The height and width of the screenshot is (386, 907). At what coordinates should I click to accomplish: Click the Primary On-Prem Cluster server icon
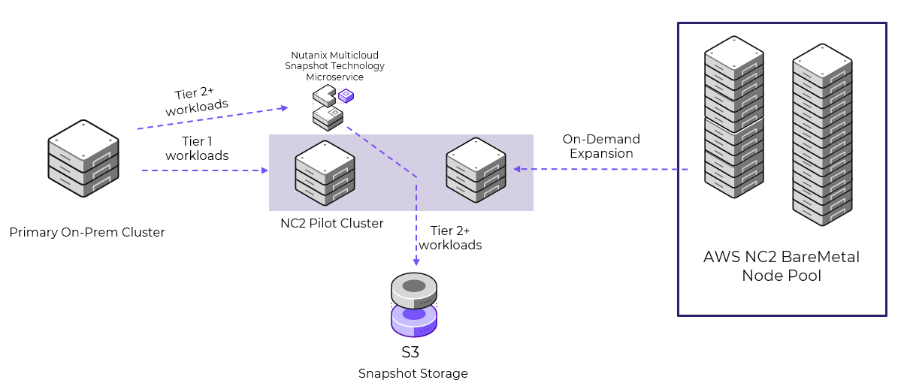pyautogui.click(x=84, y=158)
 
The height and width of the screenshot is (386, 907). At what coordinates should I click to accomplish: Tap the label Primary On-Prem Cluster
pyautogui.click(x=87, y=232)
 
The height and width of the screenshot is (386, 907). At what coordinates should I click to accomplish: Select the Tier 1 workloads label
pyautogui.click(x=197, y=148)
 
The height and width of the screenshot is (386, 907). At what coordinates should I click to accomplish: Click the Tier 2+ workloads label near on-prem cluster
pyautogui.click(x=196, y=100)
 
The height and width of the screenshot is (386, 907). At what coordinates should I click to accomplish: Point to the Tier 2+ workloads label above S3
pyautogui.click(x=450, y=237)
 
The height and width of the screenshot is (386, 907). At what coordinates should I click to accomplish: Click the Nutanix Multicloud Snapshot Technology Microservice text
pyautogui.click(x=334, y=66)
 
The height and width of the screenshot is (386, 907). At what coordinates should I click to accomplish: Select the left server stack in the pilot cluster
pyautogui.click(x=325, y=171)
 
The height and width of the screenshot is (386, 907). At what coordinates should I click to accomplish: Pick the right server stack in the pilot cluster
pyautogui.click(x=475, y=170)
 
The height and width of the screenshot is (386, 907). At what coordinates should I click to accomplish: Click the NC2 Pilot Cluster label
pyautogui.click(x=327, y=223)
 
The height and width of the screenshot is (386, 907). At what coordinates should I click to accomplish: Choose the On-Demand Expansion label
pyautogui.click(x=601, y=146)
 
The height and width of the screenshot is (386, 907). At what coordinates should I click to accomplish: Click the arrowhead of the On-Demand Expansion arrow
pyautogui.click(x=518, y=169)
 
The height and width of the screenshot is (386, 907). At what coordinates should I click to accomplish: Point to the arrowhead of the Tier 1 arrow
pyautogui.click(x=264, y=171)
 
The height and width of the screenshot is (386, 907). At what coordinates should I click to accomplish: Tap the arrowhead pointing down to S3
pyautogui.click(x=416, y=262)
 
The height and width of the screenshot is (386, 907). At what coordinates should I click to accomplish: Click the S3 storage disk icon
pyautogui.click(x=414, y=305)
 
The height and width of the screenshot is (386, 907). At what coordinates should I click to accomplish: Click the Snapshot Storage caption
pyautogui.click(x=413, y=373)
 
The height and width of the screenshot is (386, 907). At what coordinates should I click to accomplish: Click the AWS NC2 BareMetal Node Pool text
pyautogui.click(x=781, y=266)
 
